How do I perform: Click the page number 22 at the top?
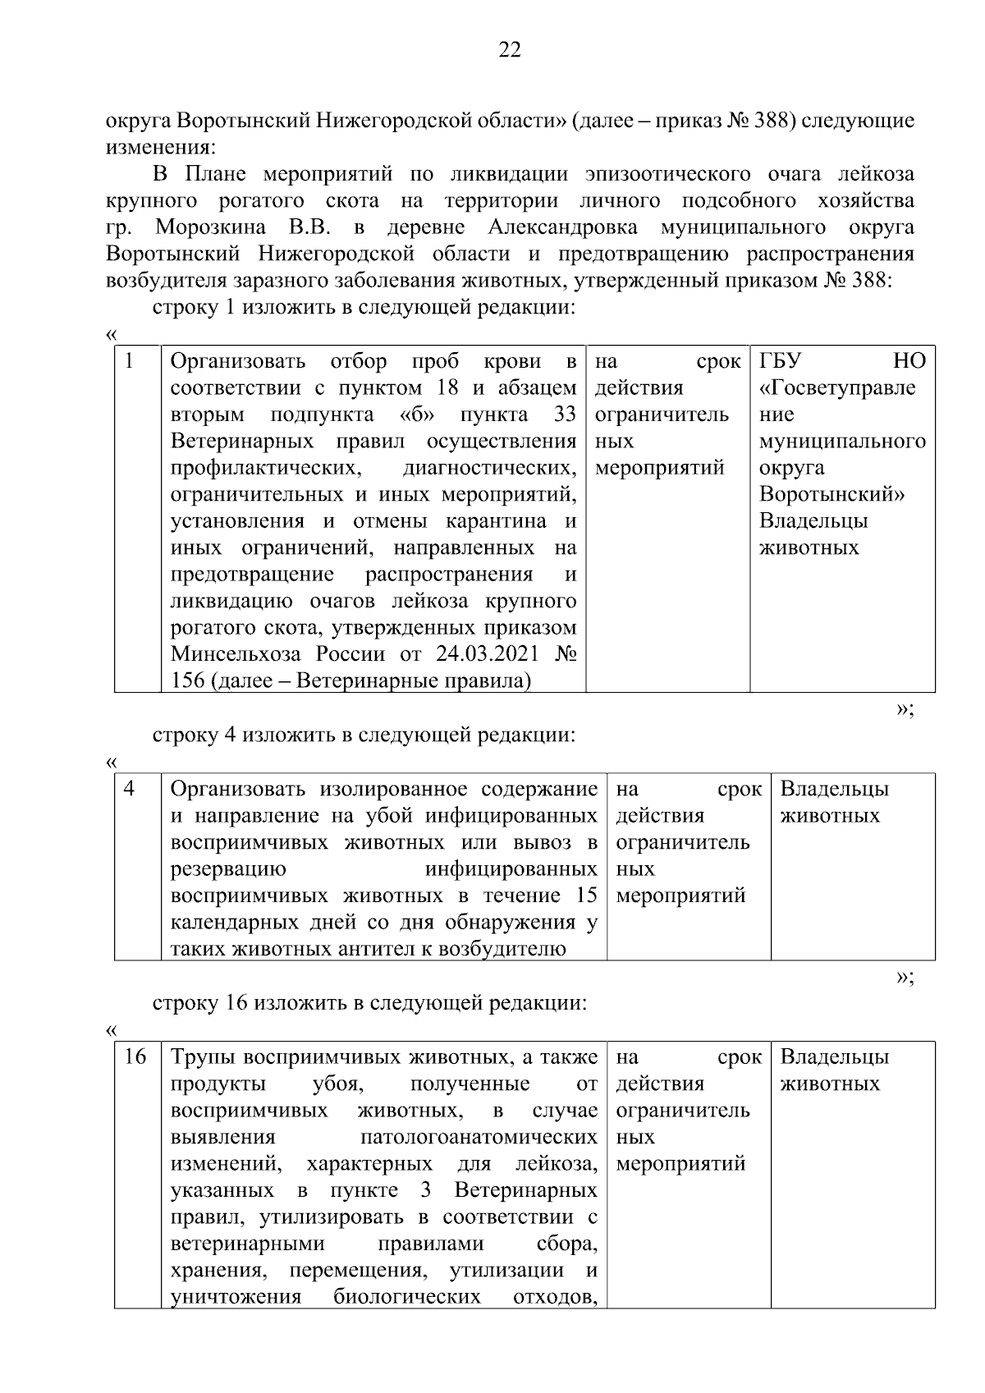[509, 51]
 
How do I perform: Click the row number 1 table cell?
[130, 361]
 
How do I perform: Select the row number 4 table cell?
[130, 789]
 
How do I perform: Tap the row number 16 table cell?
[135, 1057]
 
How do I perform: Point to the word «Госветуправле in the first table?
[837, 387]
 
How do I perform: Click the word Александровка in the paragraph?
[570, 227]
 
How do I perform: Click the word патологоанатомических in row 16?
[479, 1137]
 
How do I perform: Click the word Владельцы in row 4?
[834, 789]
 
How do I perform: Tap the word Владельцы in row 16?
[834, 1057]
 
